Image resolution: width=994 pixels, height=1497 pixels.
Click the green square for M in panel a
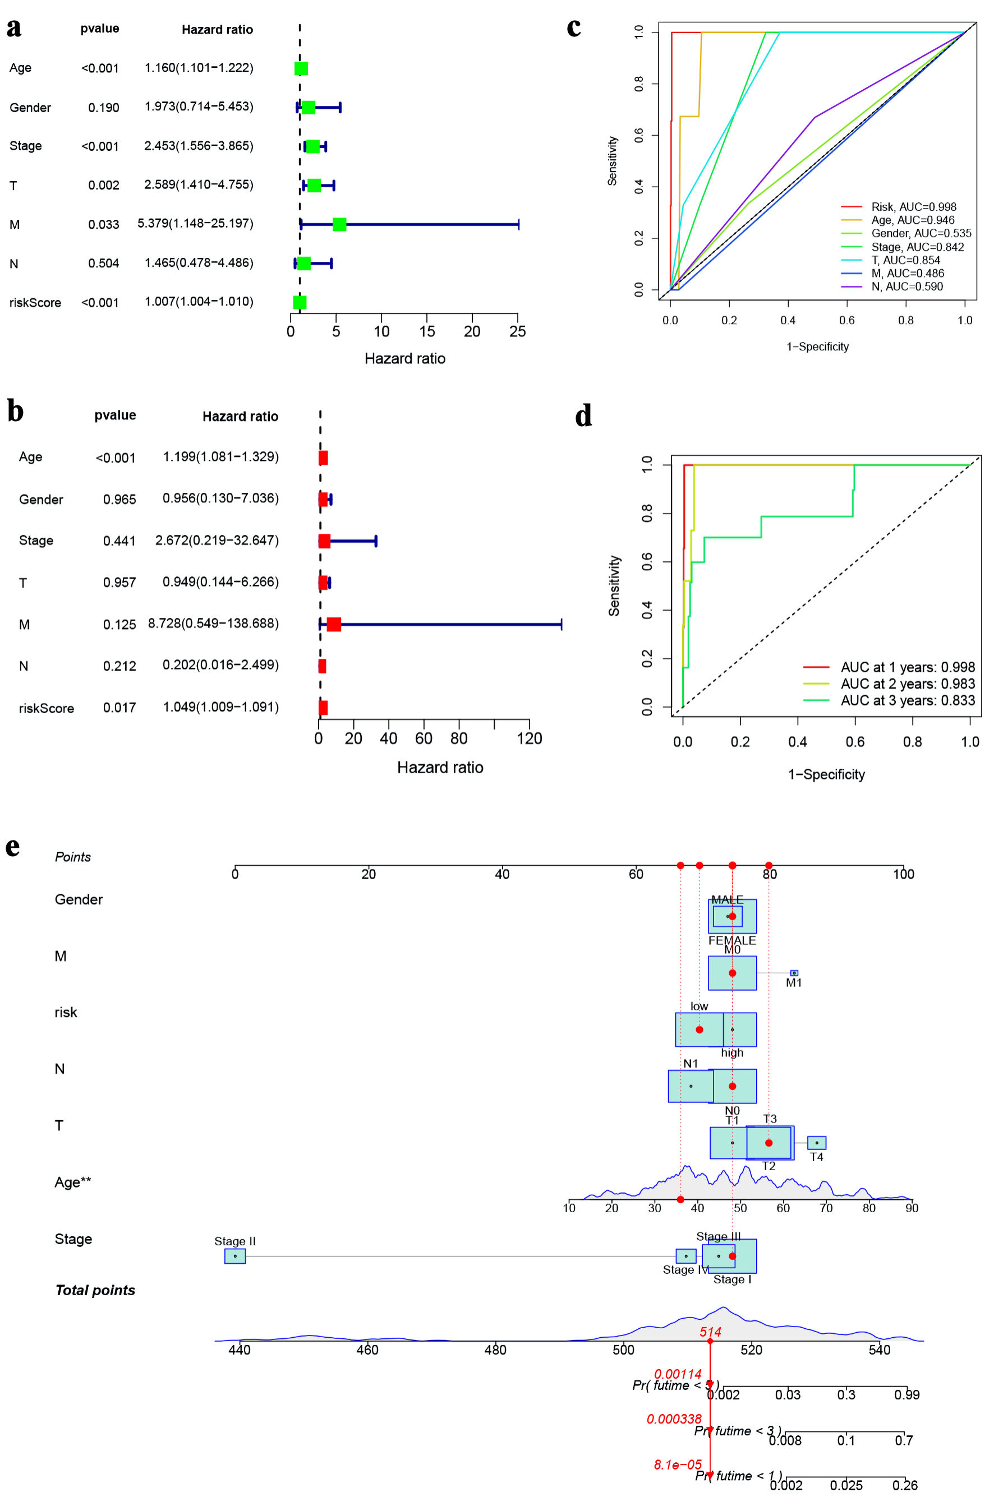point(339,224)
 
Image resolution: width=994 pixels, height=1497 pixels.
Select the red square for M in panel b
point(333,625)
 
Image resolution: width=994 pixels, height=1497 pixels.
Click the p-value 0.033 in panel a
point(103,224)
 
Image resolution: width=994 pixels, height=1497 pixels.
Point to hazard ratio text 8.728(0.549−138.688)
point(214,623)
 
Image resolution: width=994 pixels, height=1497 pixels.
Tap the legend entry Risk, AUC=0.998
point(913,207)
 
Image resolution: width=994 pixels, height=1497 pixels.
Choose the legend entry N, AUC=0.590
point(906,287)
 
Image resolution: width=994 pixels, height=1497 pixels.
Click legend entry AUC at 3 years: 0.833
point(907,700)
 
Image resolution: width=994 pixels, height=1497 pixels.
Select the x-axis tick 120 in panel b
point(530,738)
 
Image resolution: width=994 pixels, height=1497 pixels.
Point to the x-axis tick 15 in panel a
point(427,331)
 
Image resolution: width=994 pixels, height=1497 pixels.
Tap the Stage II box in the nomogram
point(234,1256)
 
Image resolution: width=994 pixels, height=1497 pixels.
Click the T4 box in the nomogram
point(817,1143)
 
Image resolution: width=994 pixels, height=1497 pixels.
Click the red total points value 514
point(711,1332)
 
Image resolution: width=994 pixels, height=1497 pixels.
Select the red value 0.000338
point(674,1419)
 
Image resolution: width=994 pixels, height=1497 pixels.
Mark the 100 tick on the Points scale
point(903,874)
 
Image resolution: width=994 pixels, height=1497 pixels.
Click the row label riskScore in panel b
point(46,708)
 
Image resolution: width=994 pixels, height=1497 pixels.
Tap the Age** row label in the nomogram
point(73,1182)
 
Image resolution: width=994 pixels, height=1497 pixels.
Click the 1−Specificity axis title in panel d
point(826,774)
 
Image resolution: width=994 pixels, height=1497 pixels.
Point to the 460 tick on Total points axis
point(367,1350)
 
